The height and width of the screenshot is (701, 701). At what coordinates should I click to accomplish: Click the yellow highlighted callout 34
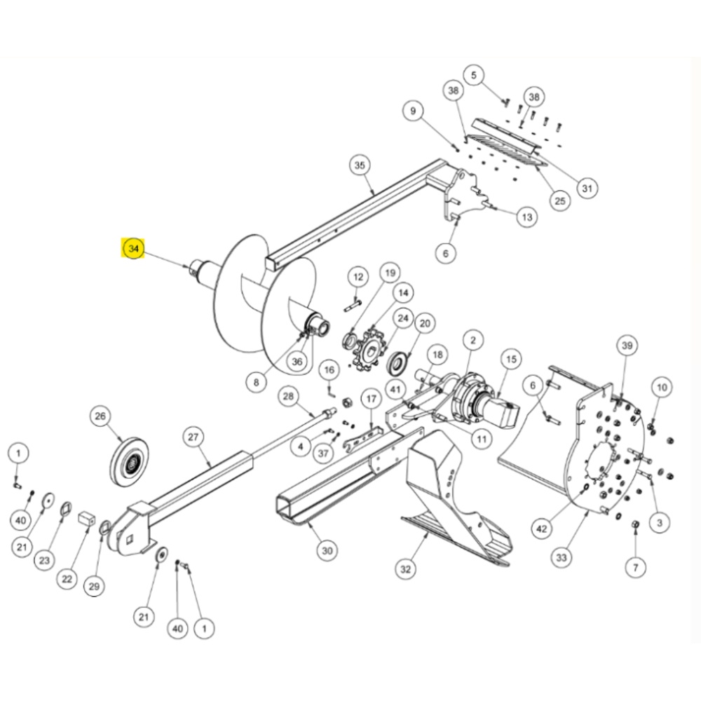click(133, 249)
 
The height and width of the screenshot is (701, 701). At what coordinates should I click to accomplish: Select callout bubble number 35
click(360, 166)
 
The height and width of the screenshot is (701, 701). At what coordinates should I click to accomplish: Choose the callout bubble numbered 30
click(327, 551)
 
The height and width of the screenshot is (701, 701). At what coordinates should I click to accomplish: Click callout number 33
click(562, 558)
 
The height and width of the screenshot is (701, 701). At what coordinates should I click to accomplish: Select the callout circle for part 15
click(510, 360)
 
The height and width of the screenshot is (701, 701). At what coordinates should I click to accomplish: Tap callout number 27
click(193, 437)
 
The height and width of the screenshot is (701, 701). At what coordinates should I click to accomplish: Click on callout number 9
click(413, 111)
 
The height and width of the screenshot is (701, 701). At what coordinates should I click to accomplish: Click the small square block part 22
click(87, 520)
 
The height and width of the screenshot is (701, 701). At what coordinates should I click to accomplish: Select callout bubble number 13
click(528, 218)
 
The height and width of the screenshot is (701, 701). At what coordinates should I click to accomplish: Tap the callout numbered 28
click(288, 397)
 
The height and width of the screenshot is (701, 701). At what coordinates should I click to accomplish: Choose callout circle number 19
click(390, 273)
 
